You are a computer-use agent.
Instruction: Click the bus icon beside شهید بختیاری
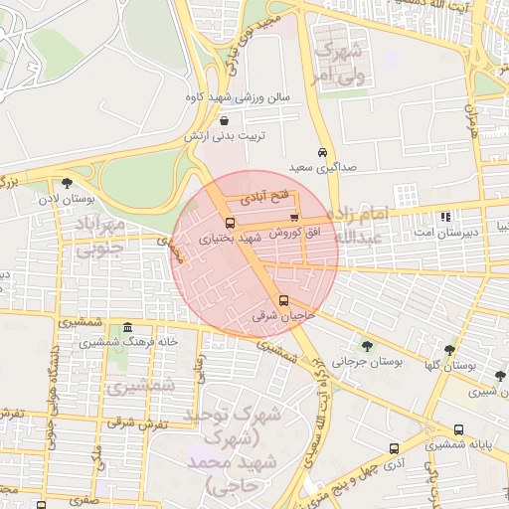point(231,224)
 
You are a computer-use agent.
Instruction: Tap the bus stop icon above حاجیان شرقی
point(284,300)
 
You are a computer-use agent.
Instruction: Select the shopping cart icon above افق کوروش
point(293,218)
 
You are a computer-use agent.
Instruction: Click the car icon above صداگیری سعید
point(321,152)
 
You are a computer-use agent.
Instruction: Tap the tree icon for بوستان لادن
point(67,183)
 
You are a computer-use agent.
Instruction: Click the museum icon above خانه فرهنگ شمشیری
point(126,328)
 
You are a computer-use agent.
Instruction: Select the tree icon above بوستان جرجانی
point(368,346)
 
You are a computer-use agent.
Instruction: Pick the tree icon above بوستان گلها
point(450,350)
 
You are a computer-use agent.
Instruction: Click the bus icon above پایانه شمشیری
point(458,430)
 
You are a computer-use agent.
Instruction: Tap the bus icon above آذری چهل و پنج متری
point(395,448)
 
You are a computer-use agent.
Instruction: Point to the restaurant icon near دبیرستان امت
point(445,216)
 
